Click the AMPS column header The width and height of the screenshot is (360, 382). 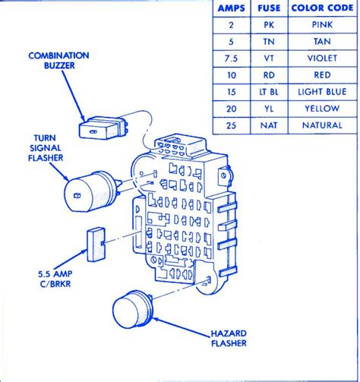tap(232, 8)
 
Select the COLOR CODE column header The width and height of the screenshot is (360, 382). tap(322, 8)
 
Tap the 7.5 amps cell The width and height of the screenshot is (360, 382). tap(231, 58)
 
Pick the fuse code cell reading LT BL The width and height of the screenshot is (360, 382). tap(269, 92)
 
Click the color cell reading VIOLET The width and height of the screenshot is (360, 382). tap(322, 58)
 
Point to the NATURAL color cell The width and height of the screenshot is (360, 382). tap(322, 125)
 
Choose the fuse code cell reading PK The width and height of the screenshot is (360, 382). tap(269, 25)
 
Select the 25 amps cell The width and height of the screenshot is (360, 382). tap(231, 125)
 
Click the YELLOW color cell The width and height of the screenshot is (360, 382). tap(322, 109)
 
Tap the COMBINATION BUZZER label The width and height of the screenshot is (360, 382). tap(58, 61)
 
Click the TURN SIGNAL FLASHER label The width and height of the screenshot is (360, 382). tap(46, 148)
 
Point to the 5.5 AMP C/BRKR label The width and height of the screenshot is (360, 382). tap(55, 279)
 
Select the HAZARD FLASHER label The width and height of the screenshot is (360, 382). tap(229, 338)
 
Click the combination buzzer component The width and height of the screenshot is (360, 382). tap(103, 128)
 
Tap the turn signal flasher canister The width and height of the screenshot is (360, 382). tap(91, 191)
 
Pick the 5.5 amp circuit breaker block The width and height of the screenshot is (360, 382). tap(96, 245)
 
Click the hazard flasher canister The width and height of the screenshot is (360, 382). tap(133, 309)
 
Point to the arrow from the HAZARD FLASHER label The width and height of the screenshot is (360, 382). tap(182, 327)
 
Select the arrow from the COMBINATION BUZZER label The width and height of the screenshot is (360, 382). tap(74, 96)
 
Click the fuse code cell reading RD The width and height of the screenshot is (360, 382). tap(269, 75)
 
